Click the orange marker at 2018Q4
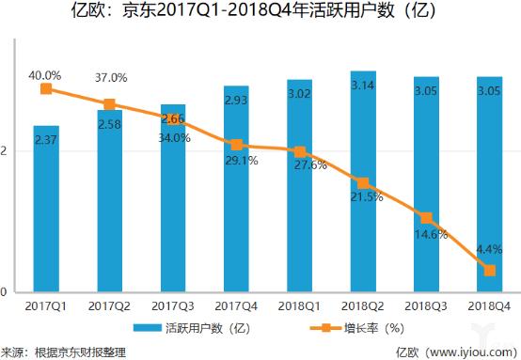point(489,271)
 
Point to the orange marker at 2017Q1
point(45,89)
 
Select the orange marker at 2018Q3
point(425,217)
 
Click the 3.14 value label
point(362,85)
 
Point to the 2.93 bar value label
point(235,101)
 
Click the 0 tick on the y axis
point(5,291)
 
